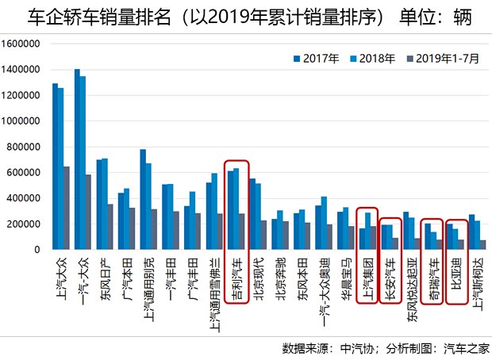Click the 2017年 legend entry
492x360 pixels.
coord(317,58)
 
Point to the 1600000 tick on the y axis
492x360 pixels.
coord(23,44)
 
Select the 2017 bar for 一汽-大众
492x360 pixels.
coord(77,159)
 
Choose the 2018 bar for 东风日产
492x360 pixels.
coord(105,204)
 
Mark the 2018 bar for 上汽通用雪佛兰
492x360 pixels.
coord(214,211)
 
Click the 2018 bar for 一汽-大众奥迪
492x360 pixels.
coord(324,223)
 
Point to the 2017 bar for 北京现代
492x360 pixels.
coord(252,214)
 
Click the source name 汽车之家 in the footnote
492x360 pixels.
coord(466,348)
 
